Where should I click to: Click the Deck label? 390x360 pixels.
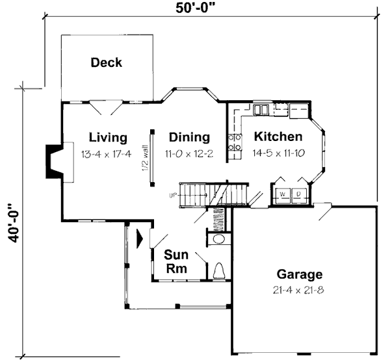[x=106, y=62]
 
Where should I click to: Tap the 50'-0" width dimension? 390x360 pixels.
[x=195, y=8]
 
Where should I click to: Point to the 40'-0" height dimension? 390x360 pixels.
[x=13, y=223]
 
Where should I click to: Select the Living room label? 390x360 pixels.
[x=108, y=138]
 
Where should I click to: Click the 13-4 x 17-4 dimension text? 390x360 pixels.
[x=106, y=154]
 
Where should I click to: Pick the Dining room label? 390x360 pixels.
[x=189, y=137]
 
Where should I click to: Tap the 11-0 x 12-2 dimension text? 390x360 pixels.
[x=189, y=154]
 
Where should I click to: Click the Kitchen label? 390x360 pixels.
[x=278, y=136]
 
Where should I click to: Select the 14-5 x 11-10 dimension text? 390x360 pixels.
[x=279, y=153]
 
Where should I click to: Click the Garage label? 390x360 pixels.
[x=300, y=274]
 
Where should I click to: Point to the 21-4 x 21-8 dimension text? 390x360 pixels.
[x=298, y=290]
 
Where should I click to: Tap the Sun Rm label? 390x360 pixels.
[x=176, y=261]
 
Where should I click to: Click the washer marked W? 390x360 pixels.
[x=283, y=196]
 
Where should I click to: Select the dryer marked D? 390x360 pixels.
[x=299, y=196]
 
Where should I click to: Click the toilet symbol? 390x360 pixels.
[x=219, y=271]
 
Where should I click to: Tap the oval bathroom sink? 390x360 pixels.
[x=219, y=239]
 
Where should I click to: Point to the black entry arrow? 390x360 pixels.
[x=140, y=239]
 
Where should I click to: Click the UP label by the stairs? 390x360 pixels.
[x=173, y=196]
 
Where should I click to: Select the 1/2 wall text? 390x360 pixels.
[x=145, y=158]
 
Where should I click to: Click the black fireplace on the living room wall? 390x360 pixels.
[x=53, y=162]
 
